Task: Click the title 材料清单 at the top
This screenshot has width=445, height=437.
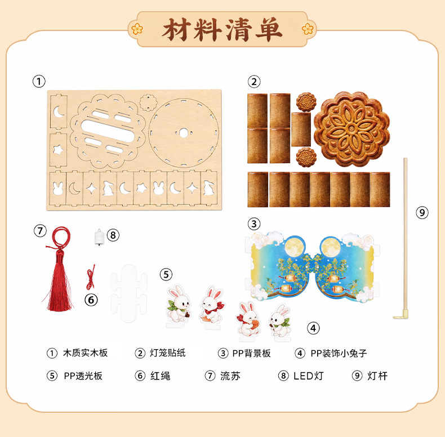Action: click(x=222, y=30)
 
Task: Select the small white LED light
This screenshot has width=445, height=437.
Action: click(x=99, y=237)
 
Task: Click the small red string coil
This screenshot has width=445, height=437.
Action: click(x=91, y=277)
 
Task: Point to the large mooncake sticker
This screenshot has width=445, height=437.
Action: click(x=352, y=129)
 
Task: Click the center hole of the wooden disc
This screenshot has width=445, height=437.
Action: click(x=183, y=132)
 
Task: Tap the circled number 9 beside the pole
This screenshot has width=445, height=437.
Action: click(x=422, y=212)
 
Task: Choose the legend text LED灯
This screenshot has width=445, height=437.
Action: click(x=308, y=376)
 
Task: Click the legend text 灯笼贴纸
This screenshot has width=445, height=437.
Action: click(x=167, y=353)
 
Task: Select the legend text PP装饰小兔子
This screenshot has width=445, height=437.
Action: click(x=339, y=353)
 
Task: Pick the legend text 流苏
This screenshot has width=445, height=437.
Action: click(x=230, y=376)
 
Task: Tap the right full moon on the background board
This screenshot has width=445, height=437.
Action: click(x=330, y=247)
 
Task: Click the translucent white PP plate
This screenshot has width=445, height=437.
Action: click(x=129, y=293)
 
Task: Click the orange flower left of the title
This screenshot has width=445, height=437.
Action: click(x=137, y=29)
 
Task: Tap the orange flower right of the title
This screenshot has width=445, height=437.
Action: click(x=308, y=29)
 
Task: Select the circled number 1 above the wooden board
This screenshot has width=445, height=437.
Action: click(x=39, y=82)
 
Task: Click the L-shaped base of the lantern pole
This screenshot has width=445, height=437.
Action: click(x=400, y=315)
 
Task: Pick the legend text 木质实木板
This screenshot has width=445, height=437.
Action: click(x=85, y=353)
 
